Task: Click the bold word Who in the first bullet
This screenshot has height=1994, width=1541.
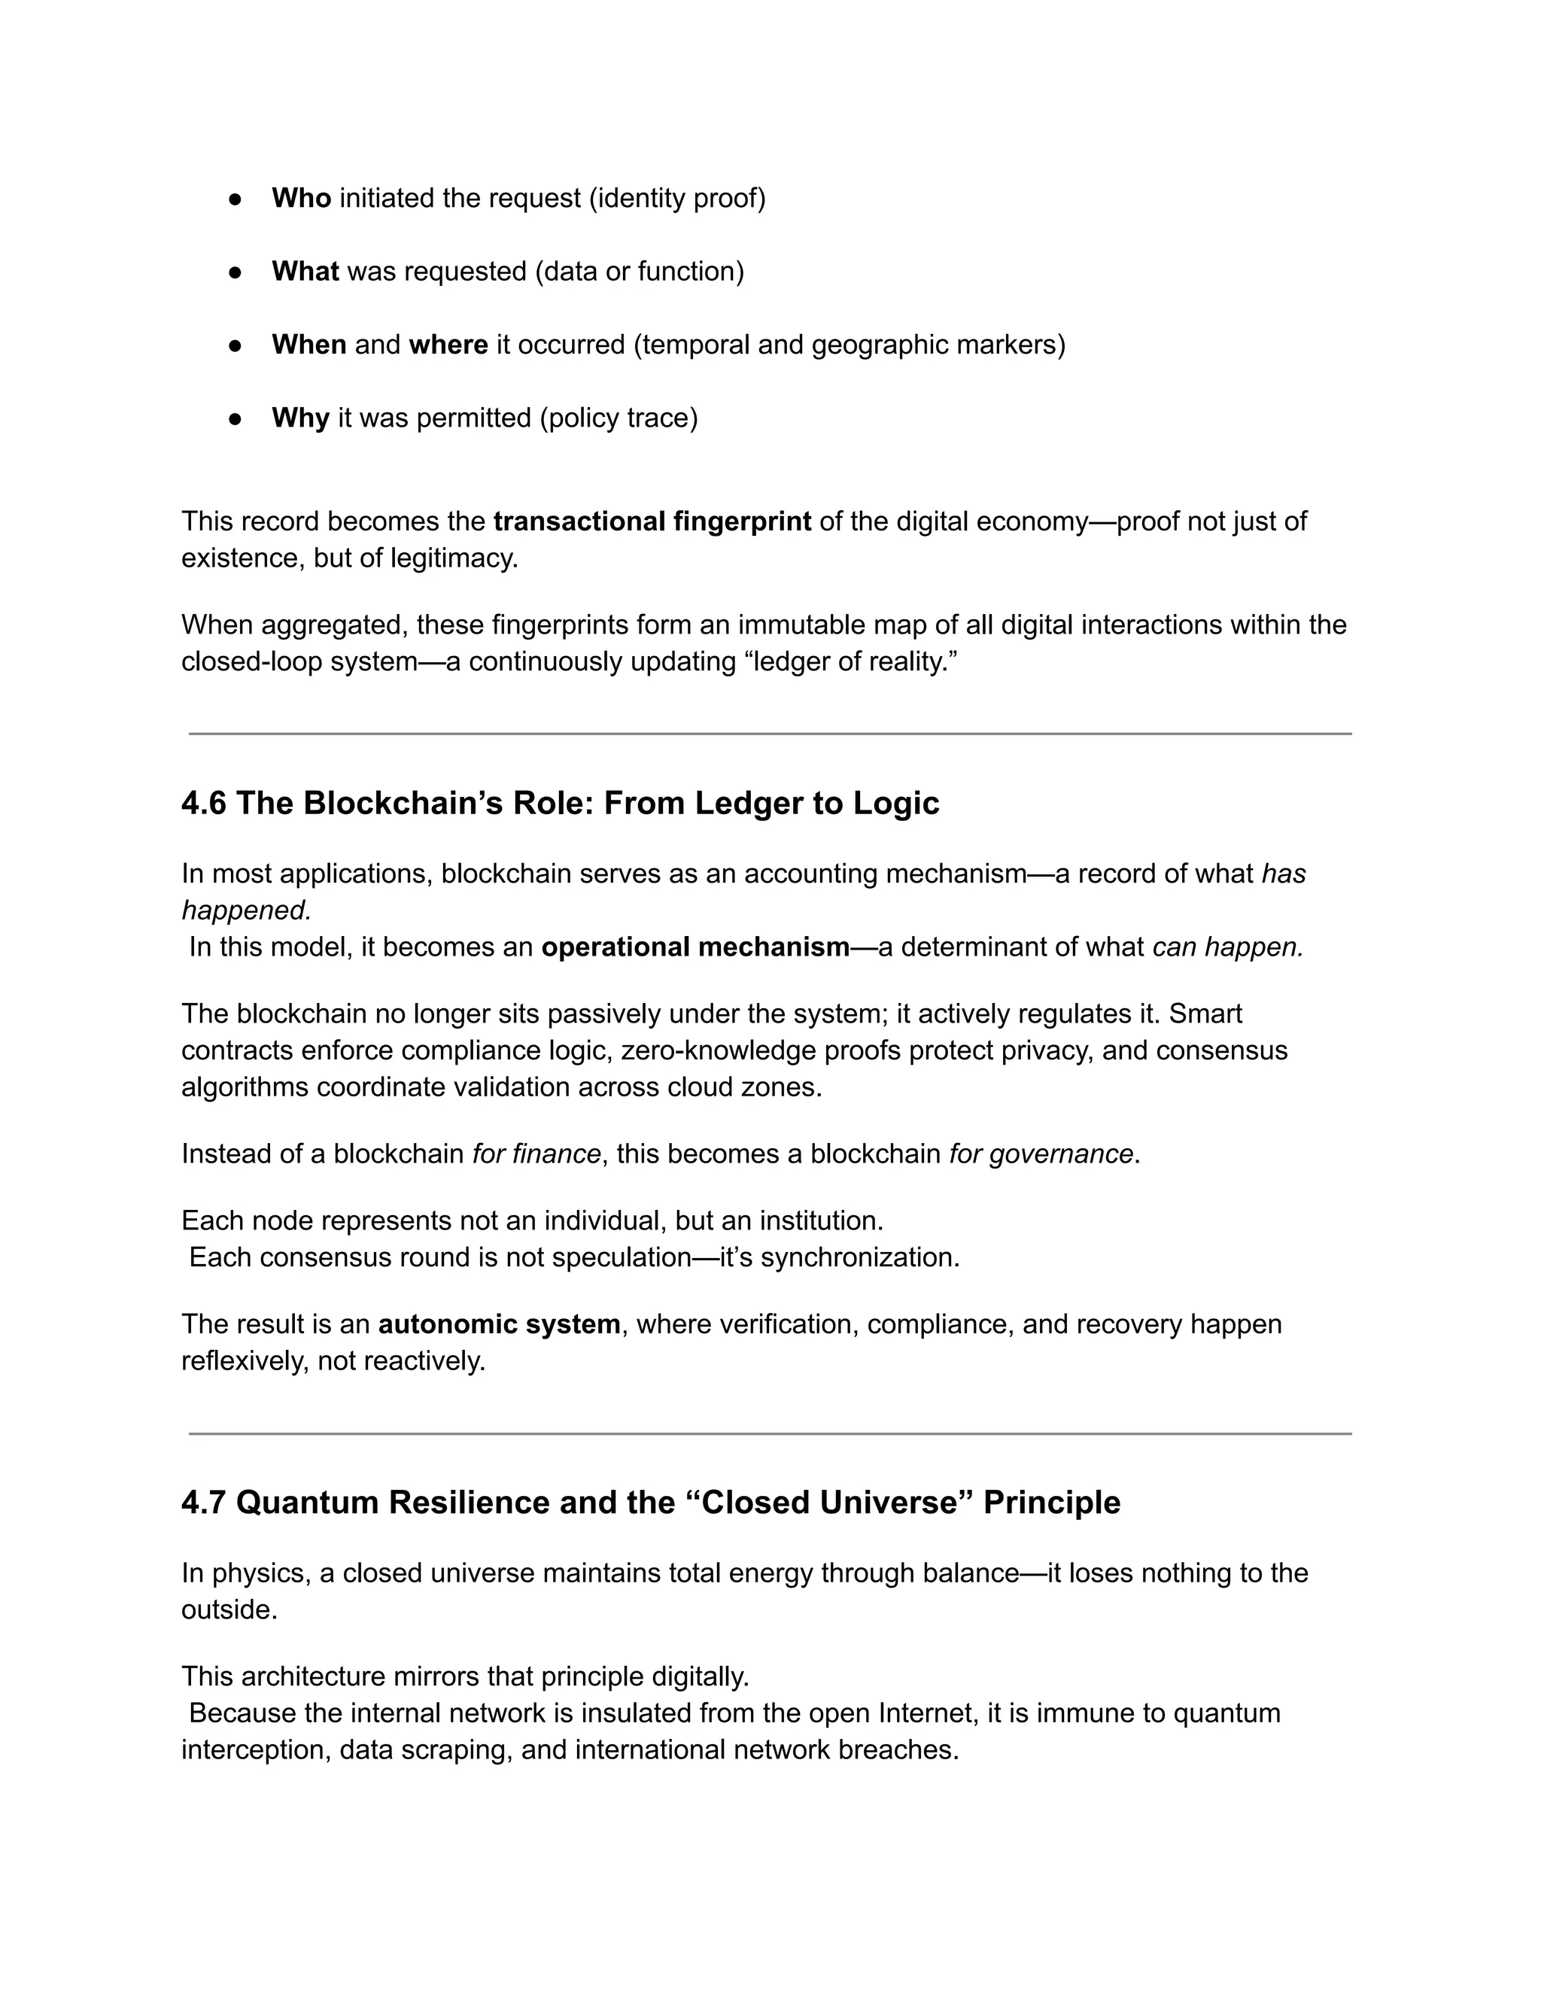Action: point(300,198)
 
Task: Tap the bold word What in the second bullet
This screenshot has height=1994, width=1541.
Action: point(305,271)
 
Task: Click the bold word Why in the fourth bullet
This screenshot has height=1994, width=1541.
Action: point(300,418)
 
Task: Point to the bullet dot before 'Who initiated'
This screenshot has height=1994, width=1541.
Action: point(235,199)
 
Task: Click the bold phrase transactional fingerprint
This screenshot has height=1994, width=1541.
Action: point(652,521)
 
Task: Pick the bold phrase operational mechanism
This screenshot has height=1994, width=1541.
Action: point(696,947)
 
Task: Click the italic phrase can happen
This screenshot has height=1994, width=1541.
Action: point(1227,947)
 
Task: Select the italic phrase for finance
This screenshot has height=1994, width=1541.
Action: point(536,1154)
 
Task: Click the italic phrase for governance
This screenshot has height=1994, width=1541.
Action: point(1041,1154)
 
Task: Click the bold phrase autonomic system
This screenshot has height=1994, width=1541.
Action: point(500,1324)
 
